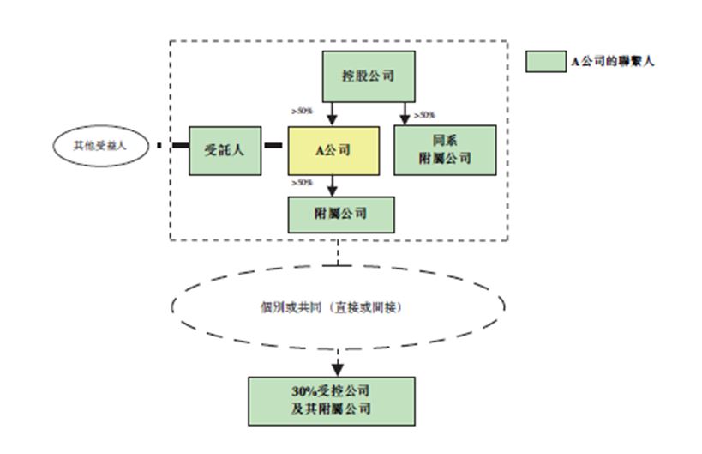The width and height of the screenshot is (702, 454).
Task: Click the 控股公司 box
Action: point(368,76)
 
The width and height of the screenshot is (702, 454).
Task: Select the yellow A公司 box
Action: point(333,151)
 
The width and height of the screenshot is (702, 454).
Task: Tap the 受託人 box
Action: point(225,149)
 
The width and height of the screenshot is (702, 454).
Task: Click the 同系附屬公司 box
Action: point(445,150)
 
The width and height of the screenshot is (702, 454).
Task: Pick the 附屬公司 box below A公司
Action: point(340,214)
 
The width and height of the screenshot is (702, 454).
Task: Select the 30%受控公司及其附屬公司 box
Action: point(331,400)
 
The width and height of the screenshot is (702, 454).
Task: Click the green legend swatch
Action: point(545,61)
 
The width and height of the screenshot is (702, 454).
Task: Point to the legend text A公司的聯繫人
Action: point(614,62)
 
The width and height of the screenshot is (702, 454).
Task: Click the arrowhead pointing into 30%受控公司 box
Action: point(338,369)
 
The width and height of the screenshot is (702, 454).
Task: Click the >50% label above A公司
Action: point(302,112)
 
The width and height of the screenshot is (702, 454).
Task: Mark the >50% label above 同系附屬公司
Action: point(424,115)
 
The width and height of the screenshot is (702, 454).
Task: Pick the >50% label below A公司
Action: point(302,182)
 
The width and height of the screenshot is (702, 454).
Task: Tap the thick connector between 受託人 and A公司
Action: point(273,146)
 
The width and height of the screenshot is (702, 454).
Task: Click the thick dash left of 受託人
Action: point(180,146)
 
